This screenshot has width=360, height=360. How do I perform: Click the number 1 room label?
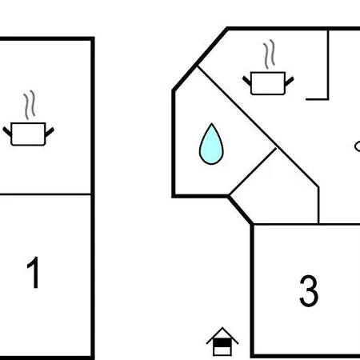(34, 273)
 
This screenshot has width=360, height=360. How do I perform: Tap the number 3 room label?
(309, 290)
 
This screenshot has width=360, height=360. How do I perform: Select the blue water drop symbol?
(211, 144)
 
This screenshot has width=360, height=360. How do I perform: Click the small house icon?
(222, 342)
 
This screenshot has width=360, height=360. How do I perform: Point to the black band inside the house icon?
(222, 342)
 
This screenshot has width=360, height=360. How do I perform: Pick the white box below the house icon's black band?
(222, 351)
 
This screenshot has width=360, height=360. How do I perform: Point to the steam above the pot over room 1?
(30, 105)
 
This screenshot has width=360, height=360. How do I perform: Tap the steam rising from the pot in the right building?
(269, 54)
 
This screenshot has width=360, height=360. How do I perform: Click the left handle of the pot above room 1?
(7, 131)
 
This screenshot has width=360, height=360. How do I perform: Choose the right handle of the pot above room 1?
(50, 132)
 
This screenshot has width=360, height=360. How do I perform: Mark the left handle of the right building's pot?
(246, 81)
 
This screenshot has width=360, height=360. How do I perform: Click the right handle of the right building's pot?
(290, 81)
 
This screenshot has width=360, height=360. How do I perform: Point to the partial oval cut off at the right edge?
(358, 146)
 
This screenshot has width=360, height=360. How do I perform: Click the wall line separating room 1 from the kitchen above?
(46, 194)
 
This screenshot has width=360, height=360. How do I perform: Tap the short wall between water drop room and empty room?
(253, 171)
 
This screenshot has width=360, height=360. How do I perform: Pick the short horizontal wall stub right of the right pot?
(317, 99)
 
